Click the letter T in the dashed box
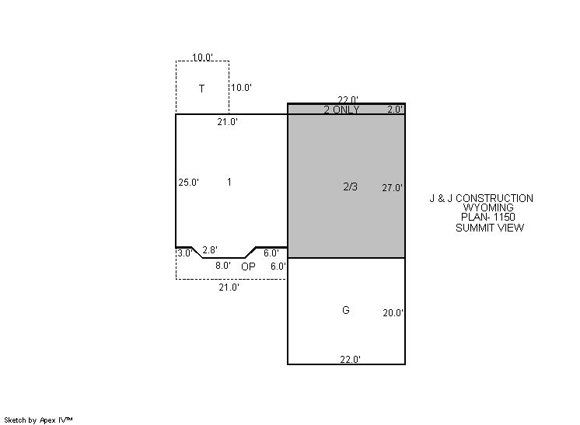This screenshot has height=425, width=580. click(x=201, y=89)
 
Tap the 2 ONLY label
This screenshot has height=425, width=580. click(x=341, y=110)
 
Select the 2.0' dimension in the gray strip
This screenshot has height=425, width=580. click(x=395, y=110)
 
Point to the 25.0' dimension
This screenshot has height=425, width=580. click(x=189, y=183)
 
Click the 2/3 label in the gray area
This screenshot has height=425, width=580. click(x=351, y=186)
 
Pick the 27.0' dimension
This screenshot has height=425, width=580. click(x=393, y=188)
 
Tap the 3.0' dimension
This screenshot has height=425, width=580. click(x=184, y=253)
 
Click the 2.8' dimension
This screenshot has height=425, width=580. click(x=210, y=250)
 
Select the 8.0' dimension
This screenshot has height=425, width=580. click(x=223, y=266)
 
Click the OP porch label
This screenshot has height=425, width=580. click(x=248, y=266)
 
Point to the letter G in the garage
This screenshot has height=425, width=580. click(x=346, y=310)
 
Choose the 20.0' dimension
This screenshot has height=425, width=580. click(x=393, y=313)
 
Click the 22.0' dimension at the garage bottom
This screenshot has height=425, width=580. click(x=351, y=359)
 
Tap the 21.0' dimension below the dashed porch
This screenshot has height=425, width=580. click(x=229, y=287)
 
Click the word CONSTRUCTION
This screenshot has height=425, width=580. click(x=494, y=198)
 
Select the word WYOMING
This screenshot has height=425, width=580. click(x=488, y=207)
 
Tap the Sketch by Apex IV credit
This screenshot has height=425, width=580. click(x=38, y=420)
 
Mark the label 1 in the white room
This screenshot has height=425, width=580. click(x=229, y=182)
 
